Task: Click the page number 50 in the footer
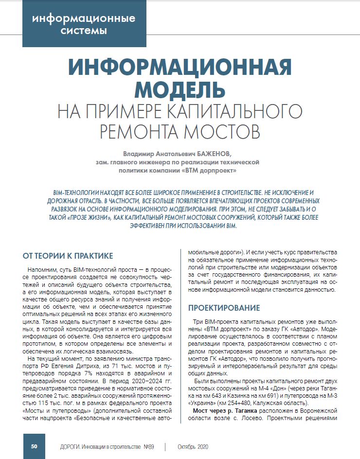click(x=35, y=447)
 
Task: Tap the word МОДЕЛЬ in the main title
click(x=180, y=88)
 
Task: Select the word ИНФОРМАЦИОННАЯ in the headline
click(x=180, y=67)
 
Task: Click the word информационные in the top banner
click(x=84, y=19)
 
